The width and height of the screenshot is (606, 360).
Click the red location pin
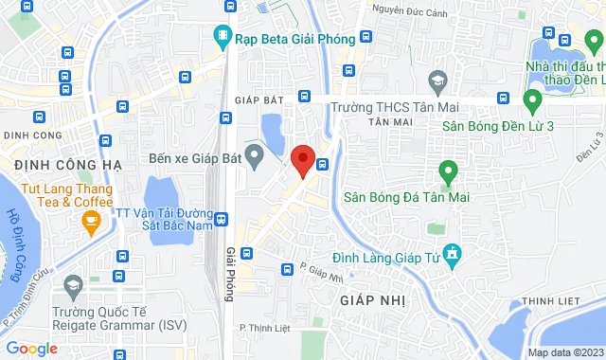tap(303, 160)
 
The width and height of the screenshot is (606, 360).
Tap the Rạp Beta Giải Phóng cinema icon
tap(223, 38)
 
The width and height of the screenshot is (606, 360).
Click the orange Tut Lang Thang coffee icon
tap(92, 224)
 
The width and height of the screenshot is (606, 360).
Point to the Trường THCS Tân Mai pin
tap(437, 82)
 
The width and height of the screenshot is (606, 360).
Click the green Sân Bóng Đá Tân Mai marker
tap(448, 172)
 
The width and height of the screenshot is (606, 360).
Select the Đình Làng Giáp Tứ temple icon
tap(453, 253)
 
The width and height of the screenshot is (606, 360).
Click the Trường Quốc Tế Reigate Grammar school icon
tap(72, 285)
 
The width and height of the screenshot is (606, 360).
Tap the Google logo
tap(32, 348)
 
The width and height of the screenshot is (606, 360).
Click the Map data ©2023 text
tap(564, 352)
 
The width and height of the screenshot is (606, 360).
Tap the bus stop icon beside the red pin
tap(323, 163)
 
